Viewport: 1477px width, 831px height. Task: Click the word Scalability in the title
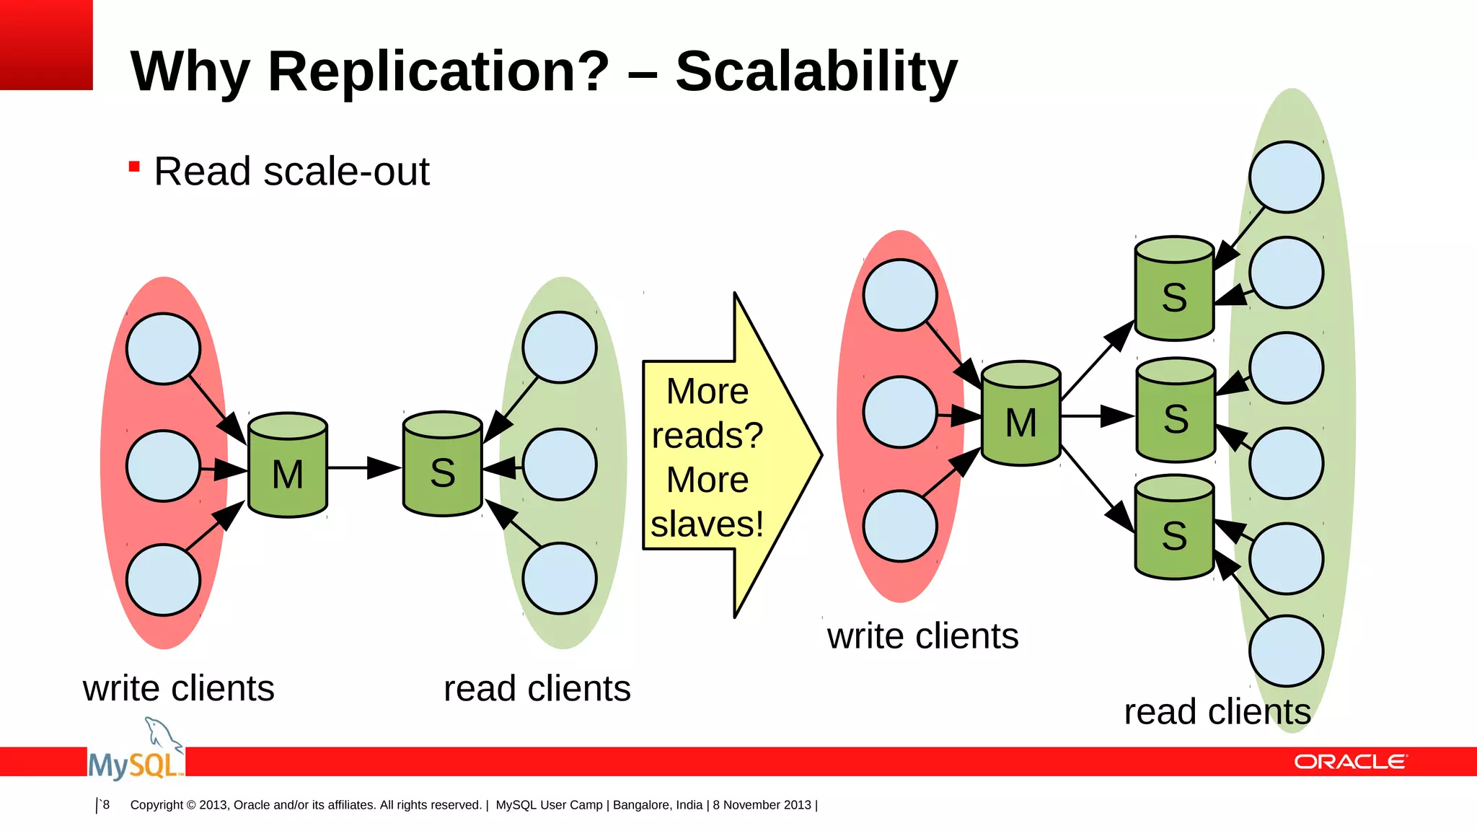(816, 71)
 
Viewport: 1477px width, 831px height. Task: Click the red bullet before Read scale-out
(134, 167)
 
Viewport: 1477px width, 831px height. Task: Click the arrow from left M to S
(364, 467)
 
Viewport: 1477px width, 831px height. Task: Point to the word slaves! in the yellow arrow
(707, 524)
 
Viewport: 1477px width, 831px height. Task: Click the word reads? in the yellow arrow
(707, 436)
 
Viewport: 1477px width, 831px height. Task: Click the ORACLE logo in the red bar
(1350, 762)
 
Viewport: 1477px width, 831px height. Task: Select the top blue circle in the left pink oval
(163, 348)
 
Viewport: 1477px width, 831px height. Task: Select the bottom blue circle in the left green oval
(560, 579)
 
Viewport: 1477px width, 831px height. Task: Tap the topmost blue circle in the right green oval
(1286, 177)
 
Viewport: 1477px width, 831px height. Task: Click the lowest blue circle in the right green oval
(1286, 651)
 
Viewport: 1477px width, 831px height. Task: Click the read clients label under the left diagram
(537, 689)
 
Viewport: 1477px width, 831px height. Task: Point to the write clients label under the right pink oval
(922, 637)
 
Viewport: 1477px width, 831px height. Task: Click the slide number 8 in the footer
(105, 804)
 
